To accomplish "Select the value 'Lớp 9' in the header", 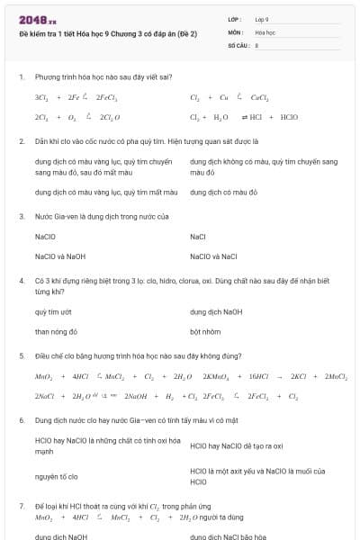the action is [262, 18].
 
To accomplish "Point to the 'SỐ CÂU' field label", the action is [238, 43].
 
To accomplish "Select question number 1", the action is [21, 77].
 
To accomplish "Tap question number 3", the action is [21, 217].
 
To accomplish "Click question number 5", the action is [21, 355].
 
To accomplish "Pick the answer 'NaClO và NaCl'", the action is [213, 256].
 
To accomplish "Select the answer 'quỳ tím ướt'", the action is [53, 311].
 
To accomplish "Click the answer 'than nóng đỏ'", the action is [56, 331].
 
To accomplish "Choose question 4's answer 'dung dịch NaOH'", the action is [216, 311].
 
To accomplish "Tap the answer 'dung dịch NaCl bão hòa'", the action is [234, 536].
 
